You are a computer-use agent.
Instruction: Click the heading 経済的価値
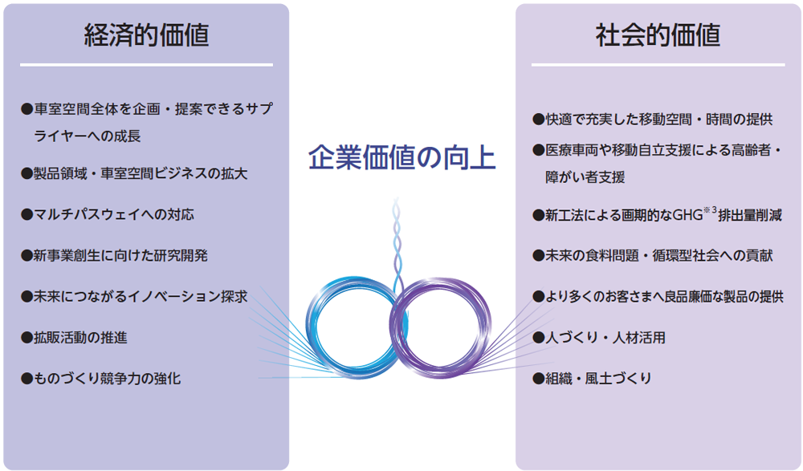click(x=146, y=35)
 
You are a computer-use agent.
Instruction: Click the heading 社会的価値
click(x=658, y=35)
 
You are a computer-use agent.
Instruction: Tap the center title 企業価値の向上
click(x=402, y=157)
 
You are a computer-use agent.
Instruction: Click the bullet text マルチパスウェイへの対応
click(x=108, y=214)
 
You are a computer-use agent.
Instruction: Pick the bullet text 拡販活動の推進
click(x=74, y=337)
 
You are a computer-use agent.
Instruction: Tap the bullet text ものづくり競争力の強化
click(x=101, y=379)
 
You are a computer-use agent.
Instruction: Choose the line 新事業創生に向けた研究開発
click(x=114, y=255)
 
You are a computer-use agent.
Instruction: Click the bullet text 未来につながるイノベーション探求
click(x=134, y=296)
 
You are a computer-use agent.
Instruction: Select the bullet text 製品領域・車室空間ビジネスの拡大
click(x=134, y=173)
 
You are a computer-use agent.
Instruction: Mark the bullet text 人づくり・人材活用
click(x=599, y=337)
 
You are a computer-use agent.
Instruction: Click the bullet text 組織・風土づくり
click(x=592, y=379)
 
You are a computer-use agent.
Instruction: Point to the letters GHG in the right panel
click(x=687, y=215)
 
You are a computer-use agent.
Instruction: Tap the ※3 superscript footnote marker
click(x=710, y=210)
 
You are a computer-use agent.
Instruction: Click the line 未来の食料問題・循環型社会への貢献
click(x=652, y=255)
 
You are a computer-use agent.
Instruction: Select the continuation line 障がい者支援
click(x=585, y=177)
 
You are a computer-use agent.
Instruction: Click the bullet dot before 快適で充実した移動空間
click(x=538, y=120)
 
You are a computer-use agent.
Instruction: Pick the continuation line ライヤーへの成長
click(x=87, y=136)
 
